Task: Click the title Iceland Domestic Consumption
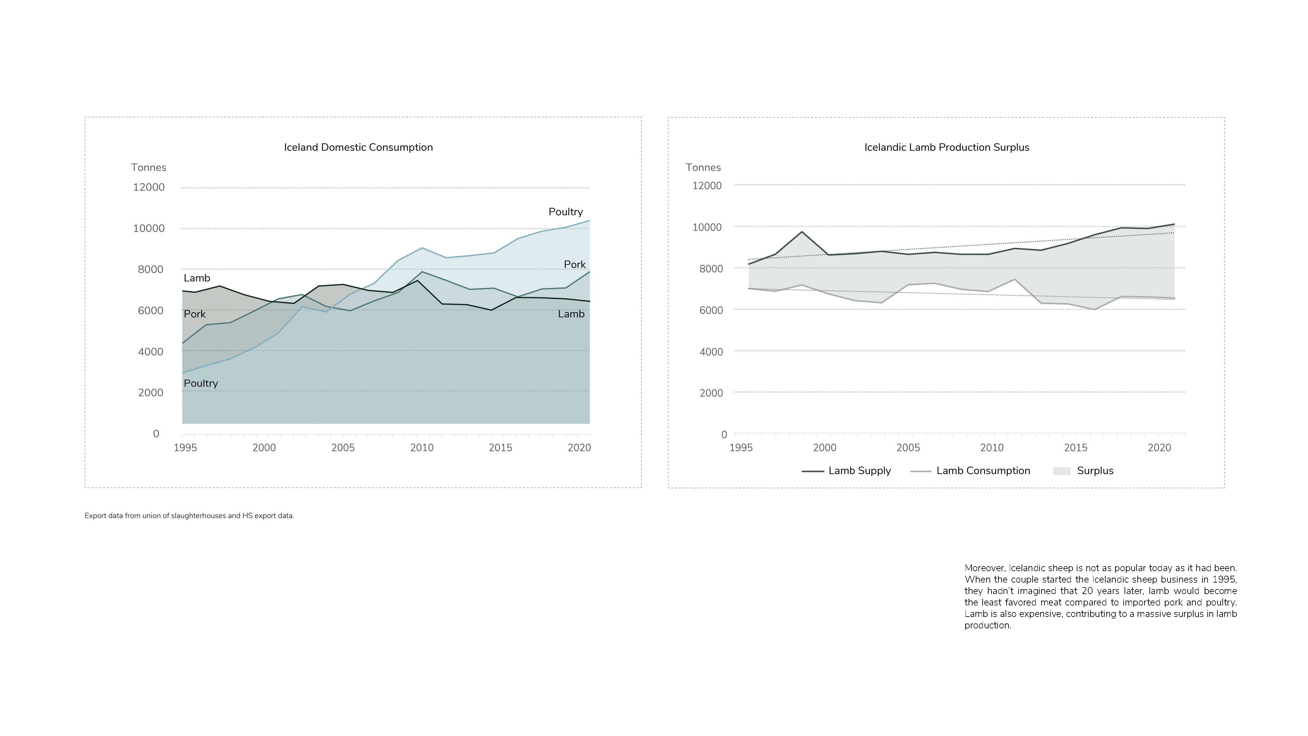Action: point(358,147)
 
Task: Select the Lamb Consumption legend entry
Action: point(970,471)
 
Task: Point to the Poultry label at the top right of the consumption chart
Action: point(566,212)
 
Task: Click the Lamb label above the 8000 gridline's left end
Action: point(197,278)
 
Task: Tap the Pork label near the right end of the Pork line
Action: point(575,265)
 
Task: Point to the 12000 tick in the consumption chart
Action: point(149,187)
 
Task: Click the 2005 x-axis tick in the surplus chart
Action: point(908,448)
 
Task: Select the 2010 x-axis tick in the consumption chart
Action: point(422,448)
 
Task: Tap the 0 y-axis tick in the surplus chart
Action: point(724,435)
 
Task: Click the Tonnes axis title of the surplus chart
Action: point(703,167)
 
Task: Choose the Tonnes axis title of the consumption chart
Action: point(149,167)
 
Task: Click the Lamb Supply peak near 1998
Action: point(802,232)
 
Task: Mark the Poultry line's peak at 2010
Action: point(422,248)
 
